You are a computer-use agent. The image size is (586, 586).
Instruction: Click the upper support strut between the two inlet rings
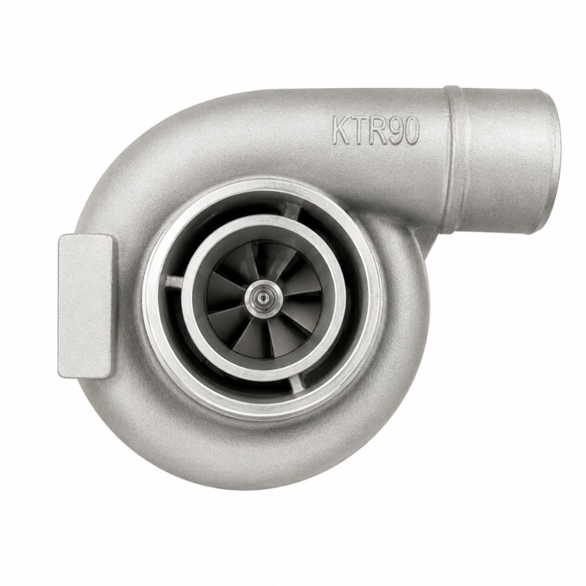point(290,209)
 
